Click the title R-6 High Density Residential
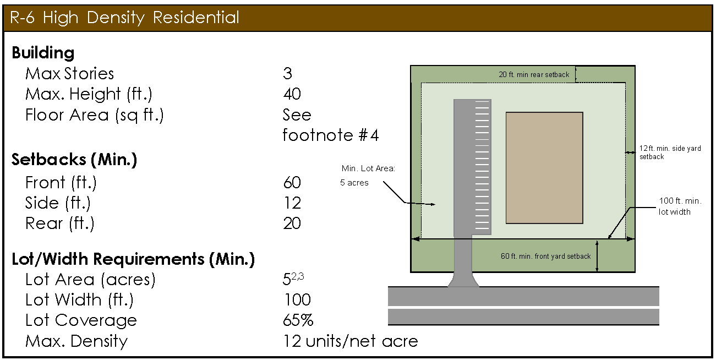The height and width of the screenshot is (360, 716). (125, 18)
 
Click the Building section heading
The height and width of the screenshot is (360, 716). (43, 53)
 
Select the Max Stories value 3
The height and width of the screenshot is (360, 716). (287, 74)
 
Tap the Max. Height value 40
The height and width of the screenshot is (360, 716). (292, 94)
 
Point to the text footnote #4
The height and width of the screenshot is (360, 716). (330, 135)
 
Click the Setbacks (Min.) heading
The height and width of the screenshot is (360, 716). (74, 160)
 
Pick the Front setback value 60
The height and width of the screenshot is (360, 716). (292, 182)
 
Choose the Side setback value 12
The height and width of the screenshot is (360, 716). (292, 203)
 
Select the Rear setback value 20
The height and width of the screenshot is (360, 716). (292, 223)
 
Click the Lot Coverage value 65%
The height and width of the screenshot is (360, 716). (298, 320)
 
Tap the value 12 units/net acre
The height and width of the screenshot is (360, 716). (350, 341)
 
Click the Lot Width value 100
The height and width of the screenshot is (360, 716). (297, 300)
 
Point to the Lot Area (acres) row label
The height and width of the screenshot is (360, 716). (90, 280)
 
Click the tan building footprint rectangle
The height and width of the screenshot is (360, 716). (544, 168)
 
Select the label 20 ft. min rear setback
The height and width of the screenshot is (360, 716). (534, 74)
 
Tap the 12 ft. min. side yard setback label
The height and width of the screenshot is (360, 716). (670, 152)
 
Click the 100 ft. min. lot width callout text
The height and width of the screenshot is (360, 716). (680, 206)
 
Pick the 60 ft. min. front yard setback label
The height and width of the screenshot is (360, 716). (545, 256)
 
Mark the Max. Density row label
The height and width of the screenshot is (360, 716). (76, 341)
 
